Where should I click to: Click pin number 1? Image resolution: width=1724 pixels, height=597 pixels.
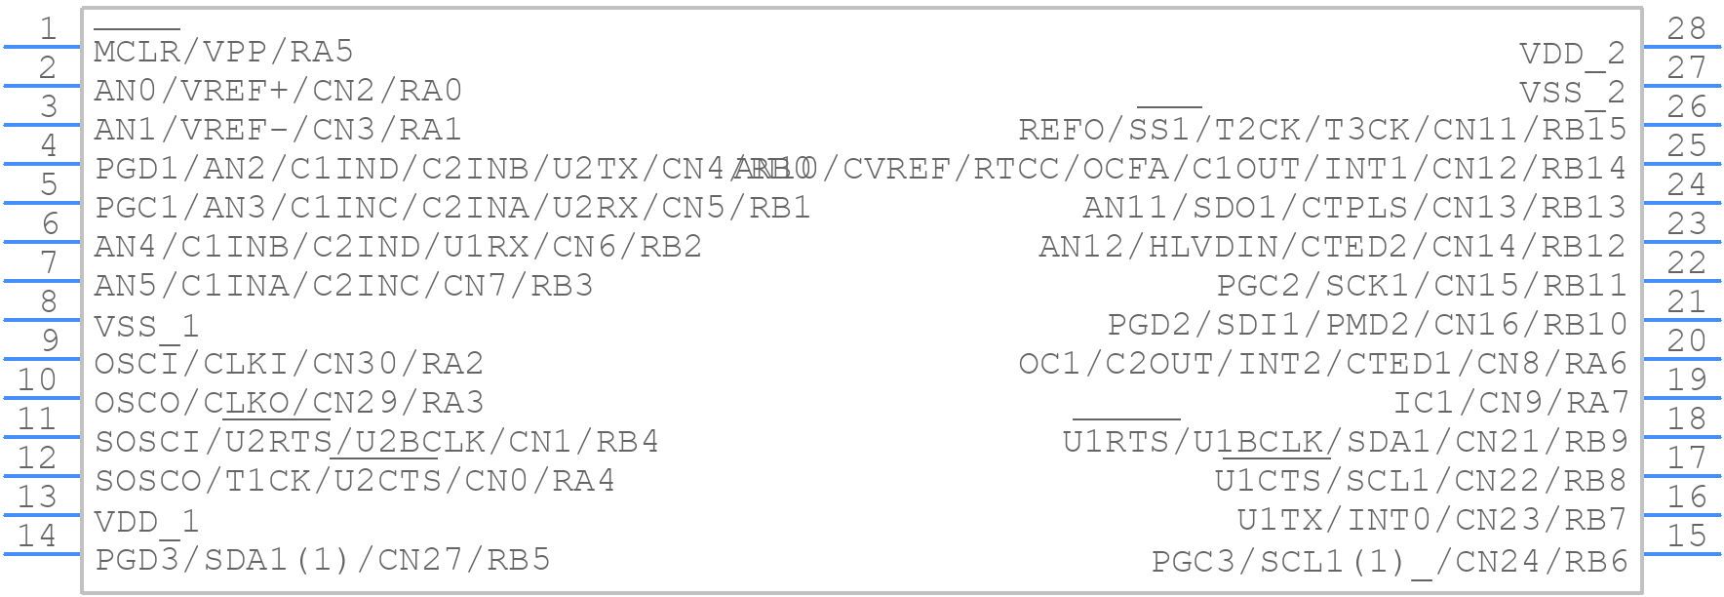coord(47,28)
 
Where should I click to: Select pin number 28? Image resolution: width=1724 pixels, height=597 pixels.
coord(1686,28)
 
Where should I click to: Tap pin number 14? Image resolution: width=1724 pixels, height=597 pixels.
coord(37,536)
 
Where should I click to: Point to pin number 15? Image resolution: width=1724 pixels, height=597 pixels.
coord(1686,536)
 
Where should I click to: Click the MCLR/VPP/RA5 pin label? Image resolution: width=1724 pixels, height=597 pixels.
coord(223,52)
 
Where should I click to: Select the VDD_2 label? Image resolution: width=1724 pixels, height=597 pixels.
coord(1572,53)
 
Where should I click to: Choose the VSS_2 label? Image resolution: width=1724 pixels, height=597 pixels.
coord(1572,92)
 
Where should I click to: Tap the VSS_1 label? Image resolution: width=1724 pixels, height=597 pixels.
coord(146,326)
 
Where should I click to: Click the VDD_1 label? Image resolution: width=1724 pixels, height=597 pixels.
coord(146,522)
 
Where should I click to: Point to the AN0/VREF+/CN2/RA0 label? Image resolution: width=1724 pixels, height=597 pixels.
coord(278,91)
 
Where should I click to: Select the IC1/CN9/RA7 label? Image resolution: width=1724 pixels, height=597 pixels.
coord(1510,403)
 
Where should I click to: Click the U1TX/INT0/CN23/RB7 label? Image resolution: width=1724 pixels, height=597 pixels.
coord(1432,521)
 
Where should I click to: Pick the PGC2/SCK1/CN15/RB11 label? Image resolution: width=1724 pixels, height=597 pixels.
coord(1422,286)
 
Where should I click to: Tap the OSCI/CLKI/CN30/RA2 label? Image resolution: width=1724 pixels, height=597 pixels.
coord(289,364)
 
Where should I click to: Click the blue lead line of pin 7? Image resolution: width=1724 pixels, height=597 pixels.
coord(41,281)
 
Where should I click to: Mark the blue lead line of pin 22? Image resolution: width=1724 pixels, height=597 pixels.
coord(1683,281)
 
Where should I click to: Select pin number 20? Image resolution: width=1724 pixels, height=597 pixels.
coord(1686,340)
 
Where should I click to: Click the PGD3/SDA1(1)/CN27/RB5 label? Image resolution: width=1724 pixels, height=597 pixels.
coord(323,560)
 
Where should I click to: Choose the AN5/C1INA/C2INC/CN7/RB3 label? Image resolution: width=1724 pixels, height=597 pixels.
coord(343,286)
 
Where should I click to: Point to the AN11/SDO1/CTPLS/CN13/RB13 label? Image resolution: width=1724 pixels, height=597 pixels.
coord(1354,208)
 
